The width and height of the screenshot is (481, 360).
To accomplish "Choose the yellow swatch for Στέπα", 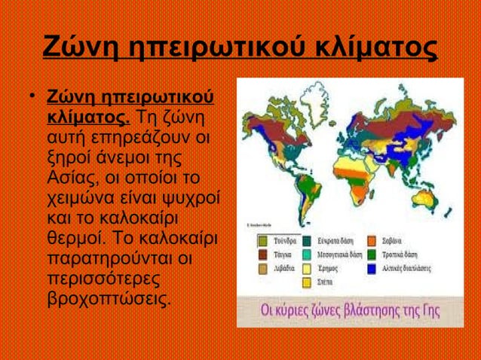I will point(308,282).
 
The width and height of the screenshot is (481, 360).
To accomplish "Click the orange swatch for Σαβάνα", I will point(372,241).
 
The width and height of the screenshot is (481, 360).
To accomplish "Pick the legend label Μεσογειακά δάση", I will point(340,255).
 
